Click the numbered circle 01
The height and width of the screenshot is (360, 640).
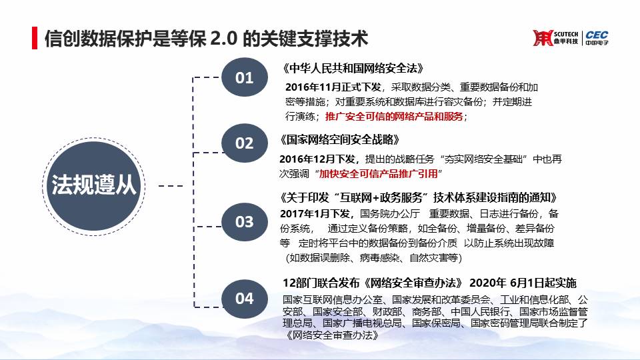tap(245, 77)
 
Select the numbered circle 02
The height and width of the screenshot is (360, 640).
tap(245, 143)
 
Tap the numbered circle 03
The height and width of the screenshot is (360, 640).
tap(245, 221)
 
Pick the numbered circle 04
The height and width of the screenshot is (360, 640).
tap(245, 299)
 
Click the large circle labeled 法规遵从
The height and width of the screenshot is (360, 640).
tap(93, 186)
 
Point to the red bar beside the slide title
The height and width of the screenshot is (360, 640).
tap(35, 38)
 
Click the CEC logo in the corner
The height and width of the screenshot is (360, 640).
tap(597, 38)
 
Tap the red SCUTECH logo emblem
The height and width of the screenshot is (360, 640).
tap(542, 38)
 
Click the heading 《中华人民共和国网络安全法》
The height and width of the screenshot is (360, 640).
tap(353, 68)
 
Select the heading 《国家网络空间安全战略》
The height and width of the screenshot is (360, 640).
tap(339, 139)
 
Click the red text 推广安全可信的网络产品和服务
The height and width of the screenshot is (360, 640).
tap(394, 116)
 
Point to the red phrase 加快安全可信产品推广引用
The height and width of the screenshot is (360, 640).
tap(378, 173)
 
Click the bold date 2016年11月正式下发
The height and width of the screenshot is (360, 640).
tap(333, 87)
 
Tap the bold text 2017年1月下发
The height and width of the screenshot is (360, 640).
tap(315, 213)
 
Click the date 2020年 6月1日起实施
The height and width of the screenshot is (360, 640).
tap(523, 283)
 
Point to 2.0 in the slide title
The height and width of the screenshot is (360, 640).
tap(224, 39)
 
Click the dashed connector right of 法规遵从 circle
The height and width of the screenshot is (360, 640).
tap(171, 186)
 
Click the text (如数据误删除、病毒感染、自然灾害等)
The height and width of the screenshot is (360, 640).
tap(373, 257)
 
